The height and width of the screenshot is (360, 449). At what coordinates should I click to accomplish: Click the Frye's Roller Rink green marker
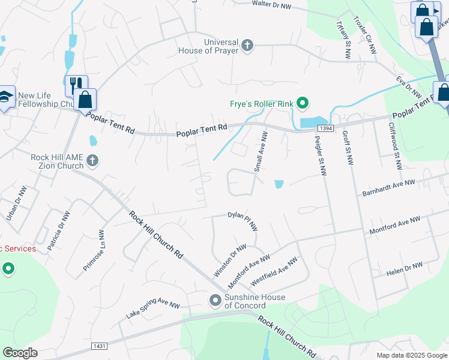pyautogui.click(x=303, y=104)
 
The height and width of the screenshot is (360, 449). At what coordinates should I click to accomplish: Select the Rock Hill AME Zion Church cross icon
pyautogui.click(x=92, y=160)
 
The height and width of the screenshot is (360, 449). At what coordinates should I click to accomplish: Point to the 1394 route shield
pyautogui.click(x=325, y=128)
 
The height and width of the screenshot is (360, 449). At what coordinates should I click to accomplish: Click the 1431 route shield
pyautogui.click(x=100, y=346)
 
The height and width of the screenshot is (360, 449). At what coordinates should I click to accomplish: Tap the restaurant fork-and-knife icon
pyautogui.click(x=75, y=85)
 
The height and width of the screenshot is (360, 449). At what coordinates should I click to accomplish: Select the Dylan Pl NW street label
pyautogui.click(x=243, y=220)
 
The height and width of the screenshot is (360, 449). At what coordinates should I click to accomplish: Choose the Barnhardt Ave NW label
pyautogui.click(x=388, y=188)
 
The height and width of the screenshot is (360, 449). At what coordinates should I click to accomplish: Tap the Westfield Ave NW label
pyautogui.click(x=274, y=271)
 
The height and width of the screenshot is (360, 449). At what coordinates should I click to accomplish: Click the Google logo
pyautogui.click(x=20, y=352)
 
